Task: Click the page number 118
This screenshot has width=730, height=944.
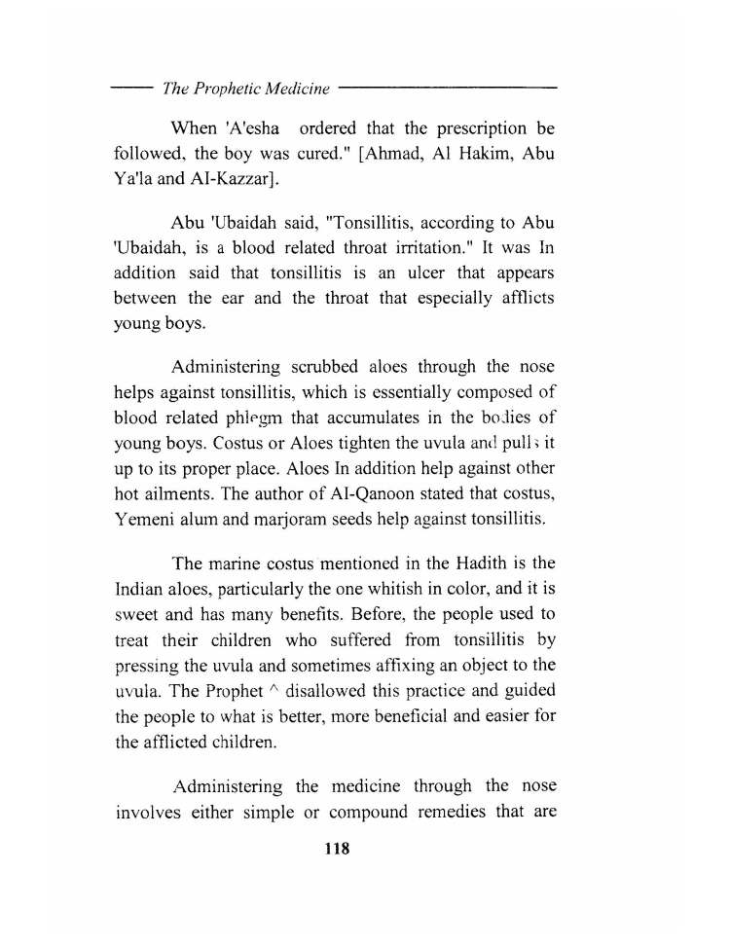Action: point(336,849)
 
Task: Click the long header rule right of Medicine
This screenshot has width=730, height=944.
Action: point(448,89)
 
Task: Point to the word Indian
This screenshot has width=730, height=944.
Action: point(141,589)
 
